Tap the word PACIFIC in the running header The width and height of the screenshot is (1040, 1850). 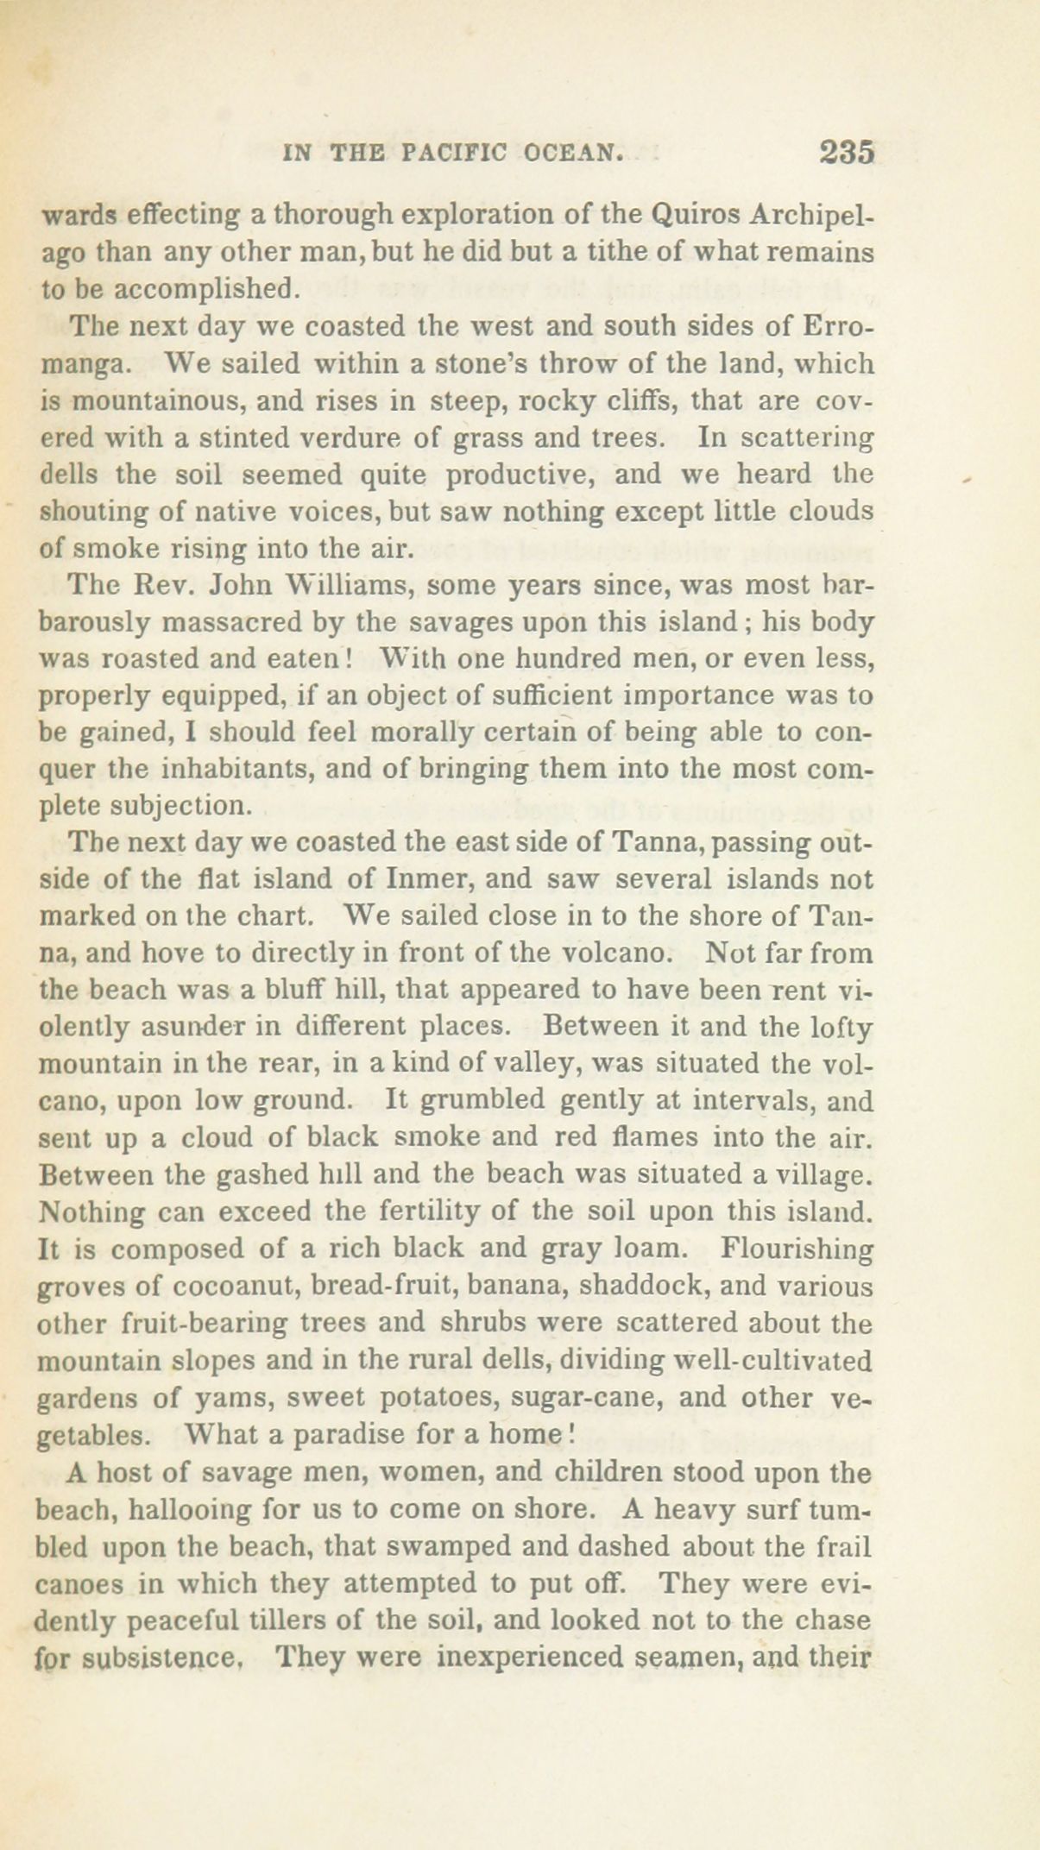(457, 154)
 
